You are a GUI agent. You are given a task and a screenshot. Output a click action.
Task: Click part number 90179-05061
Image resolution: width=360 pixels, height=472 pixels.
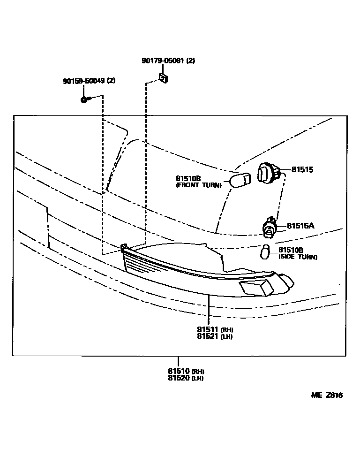tap(163, 61)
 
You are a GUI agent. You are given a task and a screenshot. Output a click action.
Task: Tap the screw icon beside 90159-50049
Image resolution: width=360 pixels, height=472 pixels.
tap(84, 99)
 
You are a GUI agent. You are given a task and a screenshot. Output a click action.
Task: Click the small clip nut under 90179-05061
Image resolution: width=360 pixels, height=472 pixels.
tap(164, 78)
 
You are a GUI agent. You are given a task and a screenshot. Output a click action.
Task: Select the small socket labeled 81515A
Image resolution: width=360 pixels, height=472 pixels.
tap(269, 227)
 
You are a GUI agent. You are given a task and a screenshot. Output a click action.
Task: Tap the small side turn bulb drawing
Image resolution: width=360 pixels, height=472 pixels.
tap(265, 252)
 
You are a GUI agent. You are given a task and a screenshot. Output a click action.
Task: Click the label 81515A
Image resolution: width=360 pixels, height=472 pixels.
tap(300, 226)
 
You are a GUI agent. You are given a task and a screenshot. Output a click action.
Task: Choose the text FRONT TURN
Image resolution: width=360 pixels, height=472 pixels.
tap(198, 185)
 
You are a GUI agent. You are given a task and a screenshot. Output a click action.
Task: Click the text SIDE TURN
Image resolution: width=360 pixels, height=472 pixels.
tap(298, 257)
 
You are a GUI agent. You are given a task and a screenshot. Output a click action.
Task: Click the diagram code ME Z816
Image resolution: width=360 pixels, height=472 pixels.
tap(327, 396)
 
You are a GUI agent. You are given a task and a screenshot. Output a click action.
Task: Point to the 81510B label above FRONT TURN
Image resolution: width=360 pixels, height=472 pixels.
tap(188, 178)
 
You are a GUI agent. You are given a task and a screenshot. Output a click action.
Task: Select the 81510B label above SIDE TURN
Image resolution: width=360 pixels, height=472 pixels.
tap(291, 251)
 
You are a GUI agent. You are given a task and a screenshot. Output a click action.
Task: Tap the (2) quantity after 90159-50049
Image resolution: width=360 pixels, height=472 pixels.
tap(111, 81)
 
